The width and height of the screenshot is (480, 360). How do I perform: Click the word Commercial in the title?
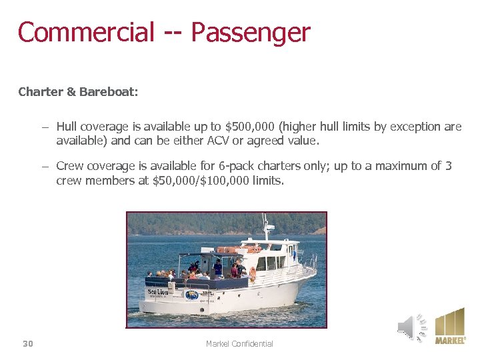[86, 32]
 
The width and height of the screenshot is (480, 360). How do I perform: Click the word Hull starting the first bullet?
[67, 127]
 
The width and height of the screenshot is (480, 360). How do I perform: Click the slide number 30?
[28, 343]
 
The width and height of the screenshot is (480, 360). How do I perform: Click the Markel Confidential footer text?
[239, 343]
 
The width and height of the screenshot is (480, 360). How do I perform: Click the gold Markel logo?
[450, 325]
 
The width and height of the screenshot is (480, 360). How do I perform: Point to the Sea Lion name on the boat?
[157, 291]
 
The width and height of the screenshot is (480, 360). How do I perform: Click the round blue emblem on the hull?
[191, 295]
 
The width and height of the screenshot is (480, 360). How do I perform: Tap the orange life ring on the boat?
[253, 273]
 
